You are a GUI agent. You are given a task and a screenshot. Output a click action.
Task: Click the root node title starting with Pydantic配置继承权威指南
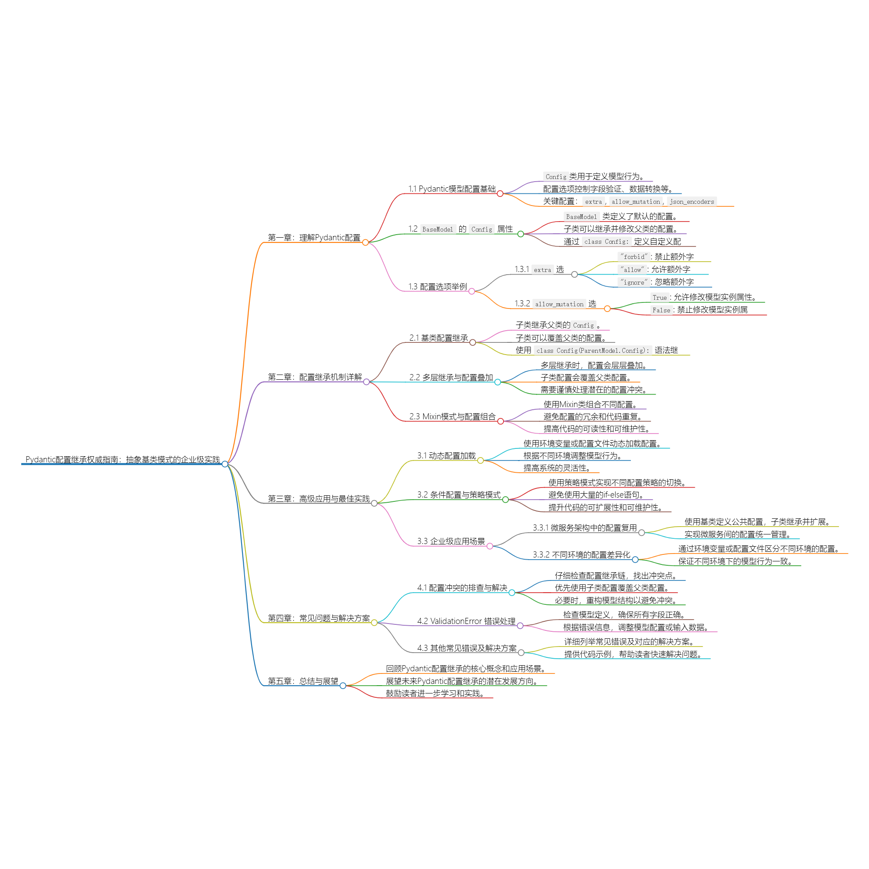[x=123, y=459]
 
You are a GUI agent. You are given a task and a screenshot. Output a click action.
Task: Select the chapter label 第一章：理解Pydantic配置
[x=314, y=238]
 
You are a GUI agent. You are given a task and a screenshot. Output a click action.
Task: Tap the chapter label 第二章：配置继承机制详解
[x=315, y=377]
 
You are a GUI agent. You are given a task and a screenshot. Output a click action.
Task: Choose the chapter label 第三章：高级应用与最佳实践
[x=318, y=498]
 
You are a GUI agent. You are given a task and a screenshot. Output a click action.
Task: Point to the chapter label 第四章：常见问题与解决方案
[x=318, y=618]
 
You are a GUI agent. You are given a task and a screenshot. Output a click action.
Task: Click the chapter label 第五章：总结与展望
[x=303, y=681]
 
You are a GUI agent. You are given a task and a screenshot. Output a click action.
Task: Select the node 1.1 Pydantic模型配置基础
[x=451, y=189]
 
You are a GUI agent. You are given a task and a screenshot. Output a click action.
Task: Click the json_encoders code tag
[x=691, y=202]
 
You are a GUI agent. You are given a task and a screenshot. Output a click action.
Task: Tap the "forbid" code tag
[x=634, y=257]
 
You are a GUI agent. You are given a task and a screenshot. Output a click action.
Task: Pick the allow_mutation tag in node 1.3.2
[x=559, y=305]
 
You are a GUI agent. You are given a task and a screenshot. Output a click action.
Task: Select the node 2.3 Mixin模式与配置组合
[x=452, y=417]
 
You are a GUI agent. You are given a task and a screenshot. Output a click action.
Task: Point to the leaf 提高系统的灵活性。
[x=557, y=468]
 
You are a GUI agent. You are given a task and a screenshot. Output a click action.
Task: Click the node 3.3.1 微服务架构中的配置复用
[x=584, y=527]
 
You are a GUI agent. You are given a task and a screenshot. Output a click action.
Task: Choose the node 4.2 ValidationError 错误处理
[x=466, y=621]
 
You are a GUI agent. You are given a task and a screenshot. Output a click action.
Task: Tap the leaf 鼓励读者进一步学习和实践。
[x=435, y=693]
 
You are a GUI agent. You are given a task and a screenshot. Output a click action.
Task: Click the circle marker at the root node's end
[x=225, y=464]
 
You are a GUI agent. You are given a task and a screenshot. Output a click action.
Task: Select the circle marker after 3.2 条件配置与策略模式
[x=505, y=500]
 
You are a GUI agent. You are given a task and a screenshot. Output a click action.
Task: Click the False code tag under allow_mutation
[x=661, y=310]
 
